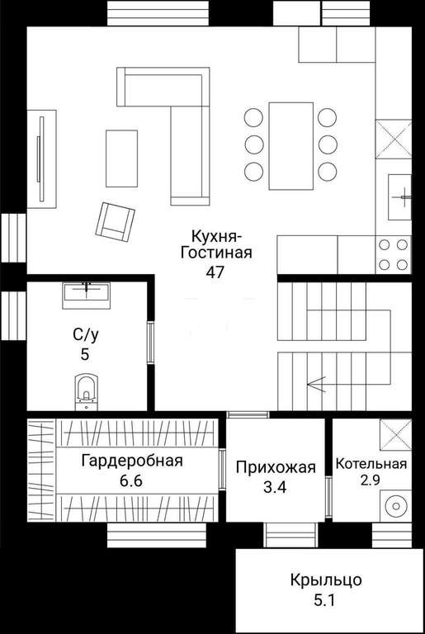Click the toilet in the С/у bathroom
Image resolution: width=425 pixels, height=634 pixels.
click(86, 391)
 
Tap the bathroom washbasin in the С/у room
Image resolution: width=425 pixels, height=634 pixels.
click(86, 296)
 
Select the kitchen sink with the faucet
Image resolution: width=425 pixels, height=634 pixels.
click(399, 197)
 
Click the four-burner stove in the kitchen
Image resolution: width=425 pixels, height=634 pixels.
click(393, 255)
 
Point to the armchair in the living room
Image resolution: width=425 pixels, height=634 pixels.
click(115, 221)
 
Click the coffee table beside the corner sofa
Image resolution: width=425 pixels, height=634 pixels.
click(121, 158)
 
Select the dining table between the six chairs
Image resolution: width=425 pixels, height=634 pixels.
click(291, 145)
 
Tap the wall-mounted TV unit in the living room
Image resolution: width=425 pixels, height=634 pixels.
click(41, 158)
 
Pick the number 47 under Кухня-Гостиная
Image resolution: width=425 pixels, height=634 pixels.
click(215, 272)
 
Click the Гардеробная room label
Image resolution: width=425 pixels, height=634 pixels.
click(132, 461)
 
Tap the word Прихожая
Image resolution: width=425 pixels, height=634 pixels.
click(276, 467)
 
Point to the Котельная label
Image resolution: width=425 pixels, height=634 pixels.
click(371, 464)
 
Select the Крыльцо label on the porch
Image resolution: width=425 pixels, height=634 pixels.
click(326, 580)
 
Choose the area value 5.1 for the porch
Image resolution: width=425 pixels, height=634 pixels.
click(324, 601)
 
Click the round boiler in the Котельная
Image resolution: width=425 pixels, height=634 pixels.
click(395, 506)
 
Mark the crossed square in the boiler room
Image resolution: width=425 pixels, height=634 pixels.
click(396, 434)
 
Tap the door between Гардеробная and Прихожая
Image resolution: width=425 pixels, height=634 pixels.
click(222, 470)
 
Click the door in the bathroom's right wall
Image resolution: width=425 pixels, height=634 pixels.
click(150, 342)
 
